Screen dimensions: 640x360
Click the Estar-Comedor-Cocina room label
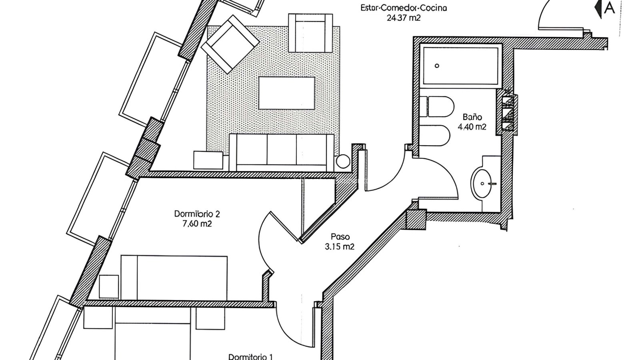point(404,8)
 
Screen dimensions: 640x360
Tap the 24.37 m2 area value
point(404,18)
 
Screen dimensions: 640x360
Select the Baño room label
point(472,117)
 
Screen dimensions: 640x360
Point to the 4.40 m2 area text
point(472,127)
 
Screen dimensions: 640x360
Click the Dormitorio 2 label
point(197,214)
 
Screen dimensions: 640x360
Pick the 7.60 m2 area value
point(197,224)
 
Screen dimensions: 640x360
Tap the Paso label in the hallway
point(340,236)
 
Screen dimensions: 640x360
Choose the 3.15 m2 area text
point(340,246)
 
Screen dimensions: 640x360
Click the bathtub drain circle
point(437,66)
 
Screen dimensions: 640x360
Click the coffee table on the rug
point(286,93)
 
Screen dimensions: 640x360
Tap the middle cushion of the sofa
point(282,150)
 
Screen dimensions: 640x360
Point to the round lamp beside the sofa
point(343,161)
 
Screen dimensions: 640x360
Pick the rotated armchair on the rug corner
point(230,44)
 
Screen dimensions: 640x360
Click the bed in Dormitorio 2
point(174,278)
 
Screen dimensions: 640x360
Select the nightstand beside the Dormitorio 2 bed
point(109,286)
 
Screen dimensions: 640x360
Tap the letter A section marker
point(610,8)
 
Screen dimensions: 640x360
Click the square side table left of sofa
point(208,160)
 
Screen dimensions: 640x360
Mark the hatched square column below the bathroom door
point(416,220)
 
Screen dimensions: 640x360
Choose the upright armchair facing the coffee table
point(310,33)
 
